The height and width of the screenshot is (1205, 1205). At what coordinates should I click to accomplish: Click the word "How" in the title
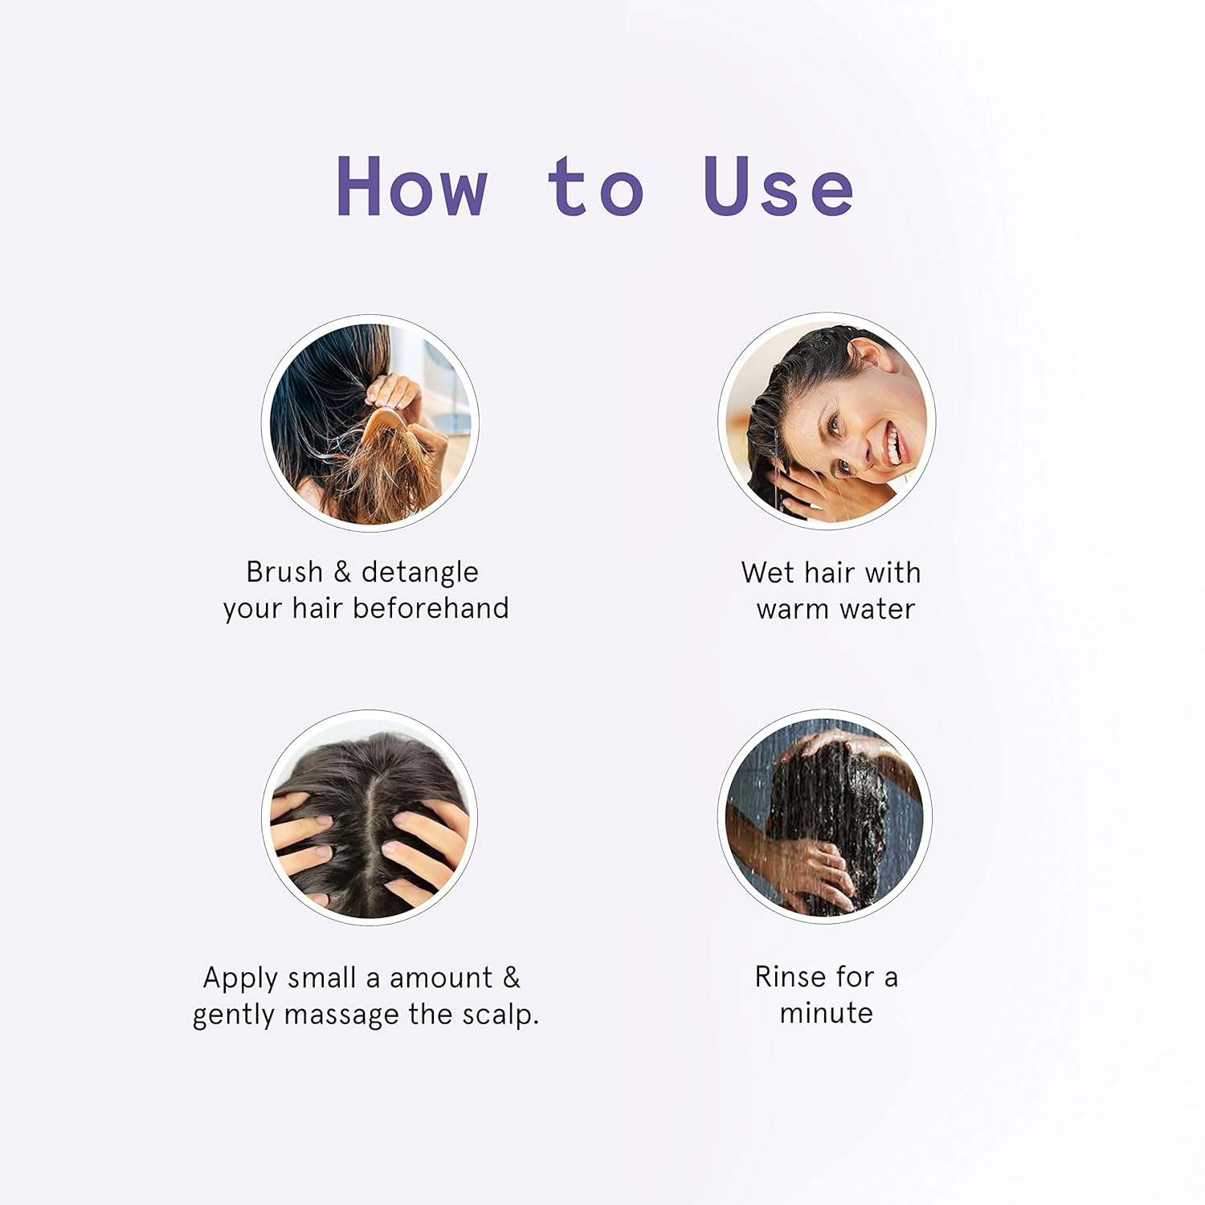click(411, 186)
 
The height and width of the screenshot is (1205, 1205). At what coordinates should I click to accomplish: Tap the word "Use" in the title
click(778, 186)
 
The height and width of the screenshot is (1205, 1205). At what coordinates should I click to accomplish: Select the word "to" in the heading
click(595, 186)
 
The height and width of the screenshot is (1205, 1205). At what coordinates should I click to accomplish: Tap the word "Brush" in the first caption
click(284, 572)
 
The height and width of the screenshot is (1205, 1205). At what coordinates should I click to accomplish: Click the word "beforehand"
click(431, 608)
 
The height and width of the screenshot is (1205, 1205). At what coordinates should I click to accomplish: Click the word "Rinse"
click(791, 977)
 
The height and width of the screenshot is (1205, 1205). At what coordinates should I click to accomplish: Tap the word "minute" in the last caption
click(826, 1013)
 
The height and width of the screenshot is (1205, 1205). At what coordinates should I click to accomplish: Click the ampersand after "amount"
click(511, 978)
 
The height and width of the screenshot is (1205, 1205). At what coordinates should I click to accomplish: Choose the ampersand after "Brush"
click(342, 572)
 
